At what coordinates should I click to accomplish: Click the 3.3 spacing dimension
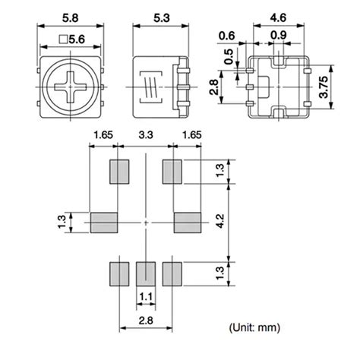tap(144, 137)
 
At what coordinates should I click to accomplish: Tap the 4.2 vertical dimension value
tap(221, 220)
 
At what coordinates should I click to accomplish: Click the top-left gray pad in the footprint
tap(118, 172)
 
